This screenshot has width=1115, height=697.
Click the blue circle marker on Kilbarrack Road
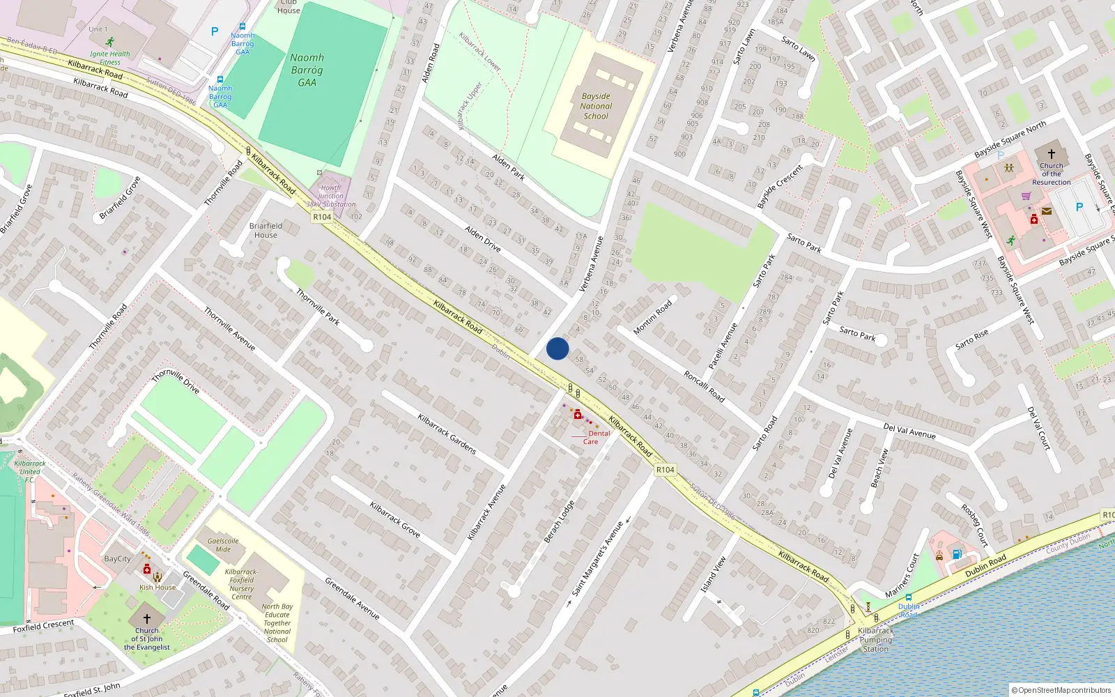coord(557,348)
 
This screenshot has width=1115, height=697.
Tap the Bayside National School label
coord(596,107)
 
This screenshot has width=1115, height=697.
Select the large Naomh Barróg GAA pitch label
coord(307,70)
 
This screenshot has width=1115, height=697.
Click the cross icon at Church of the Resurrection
coord(1051,153)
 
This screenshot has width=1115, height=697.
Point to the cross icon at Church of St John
coord(147,618)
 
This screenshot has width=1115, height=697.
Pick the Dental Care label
coord(594,437)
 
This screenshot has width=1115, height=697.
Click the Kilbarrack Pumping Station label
coord(876,640)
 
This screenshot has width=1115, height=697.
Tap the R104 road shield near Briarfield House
coord(322,217)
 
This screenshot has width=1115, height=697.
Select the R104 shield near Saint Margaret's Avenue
coord(666,470)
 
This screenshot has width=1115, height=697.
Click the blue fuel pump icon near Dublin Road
coord(958,554)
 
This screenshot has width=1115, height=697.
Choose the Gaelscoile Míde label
coord(223,545)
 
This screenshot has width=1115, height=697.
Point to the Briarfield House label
coord(266,230)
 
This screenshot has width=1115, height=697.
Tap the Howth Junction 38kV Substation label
coord(331,196)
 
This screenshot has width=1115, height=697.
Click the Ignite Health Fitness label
coord(109,58)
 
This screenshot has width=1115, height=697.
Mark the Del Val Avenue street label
coord(909,431)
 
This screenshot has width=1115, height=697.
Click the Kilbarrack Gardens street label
coord(447,434)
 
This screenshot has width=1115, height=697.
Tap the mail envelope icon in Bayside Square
coord(1046,210)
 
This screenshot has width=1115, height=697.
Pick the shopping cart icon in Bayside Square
coord(1026,196)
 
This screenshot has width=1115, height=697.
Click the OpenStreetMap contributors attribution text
coord(1064,690)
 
